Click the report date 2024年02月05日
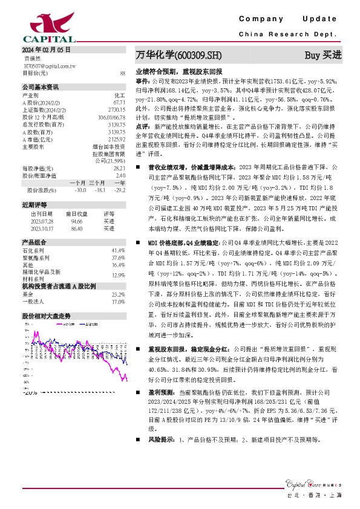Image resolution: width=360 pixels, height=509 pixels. pos(47,49)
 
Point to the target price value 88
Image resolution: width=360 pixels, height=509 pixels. pos(122,73)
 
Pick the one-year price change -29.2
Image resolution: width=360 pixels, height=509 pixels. pos(119,207)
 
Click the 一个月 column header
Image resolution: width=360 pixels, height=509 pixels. pos(77,199)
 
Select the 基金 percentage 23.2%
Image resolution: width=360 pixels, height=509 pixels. pos(118,294)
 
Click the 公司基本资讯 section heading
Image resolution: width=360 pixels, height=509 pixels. pos(41,86)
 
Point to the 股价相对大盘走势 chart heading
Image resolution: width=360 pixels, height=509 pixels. pos(47,316)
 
